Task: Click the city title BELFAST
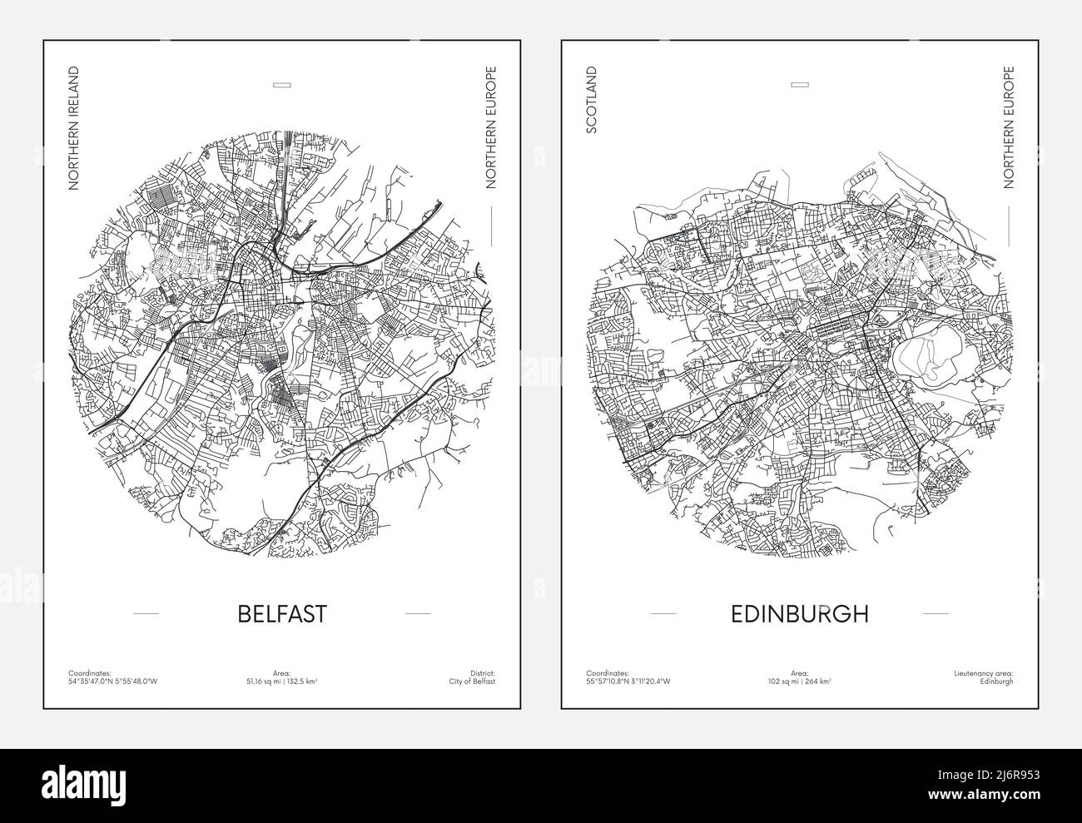pyautogui.click(x=282, y=613)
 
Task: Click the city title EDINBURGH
pyautogui.click(x=800, y=613)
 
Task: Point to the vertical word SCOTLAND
pyautogui.click(x=592, y=101)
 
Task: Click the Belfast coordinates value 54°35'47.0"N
pyautogui.click(x=90, y=681)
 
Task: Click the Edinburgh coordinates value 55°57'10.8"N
pyautogui.click(x=608, y=681)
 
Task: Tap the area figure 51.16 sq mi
pyautogui.click(x=262, y=681)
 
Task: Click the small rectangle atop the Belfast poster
pyautogui.click(x=282, y=84)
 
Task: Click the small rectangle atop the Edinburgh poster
pyautogui.click(x=800, y=84)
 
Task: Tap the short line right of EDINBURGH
pyautogui.click(x=936, y=613)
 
